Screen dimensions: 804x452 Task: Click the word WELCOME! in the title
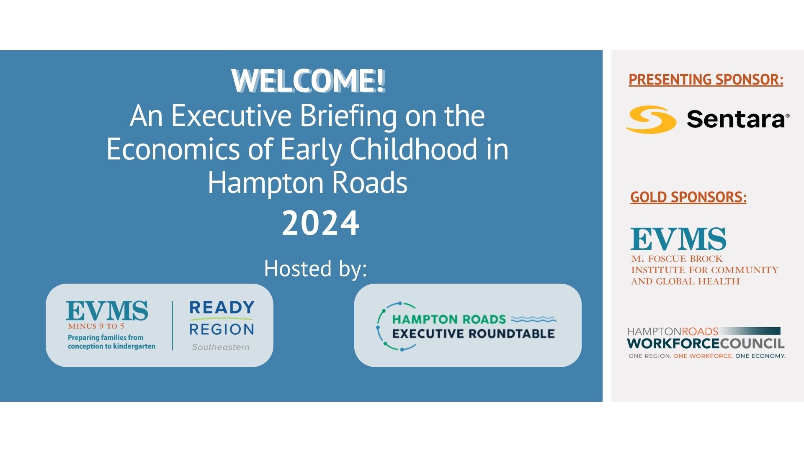click(308, 80)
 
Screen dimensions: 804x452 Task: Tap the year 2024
click(321, 223)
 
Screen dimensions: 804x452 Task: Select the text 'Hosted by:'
click(315, 269)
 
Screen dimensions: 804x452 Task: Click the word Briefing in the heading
click(348, 116)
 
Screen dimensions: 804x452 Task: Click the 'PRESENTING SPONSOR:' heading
click(706, 79)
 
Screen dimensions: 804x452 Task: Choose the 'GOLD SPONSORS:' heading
click(688, 197)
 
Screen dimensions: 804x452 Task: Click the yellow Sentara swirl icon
click(651, 119)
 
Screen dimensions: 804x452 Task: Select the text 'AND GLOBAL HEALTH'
click(685, 281)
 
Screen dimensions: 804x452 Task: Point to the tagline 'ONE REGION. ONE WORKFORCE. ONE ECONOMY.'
click(707, 356)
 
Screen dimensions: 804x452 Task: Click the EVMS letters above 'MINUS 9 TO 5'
click(107, 311)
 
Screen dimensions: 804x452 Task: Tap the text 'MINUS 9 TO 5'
click(96, 326)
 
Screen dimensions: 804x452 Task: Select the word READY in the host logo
click(222, 308)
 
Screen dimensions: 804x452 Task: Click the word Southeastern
click(221, 347)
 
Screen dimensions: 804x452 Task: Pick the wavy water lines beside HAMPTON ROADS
click(534, 320)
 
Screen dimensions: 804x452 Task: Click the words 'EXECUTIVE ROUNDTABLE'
click(474, 334)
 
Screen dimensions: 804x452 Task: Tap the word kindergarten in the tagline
click(134, 347)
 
